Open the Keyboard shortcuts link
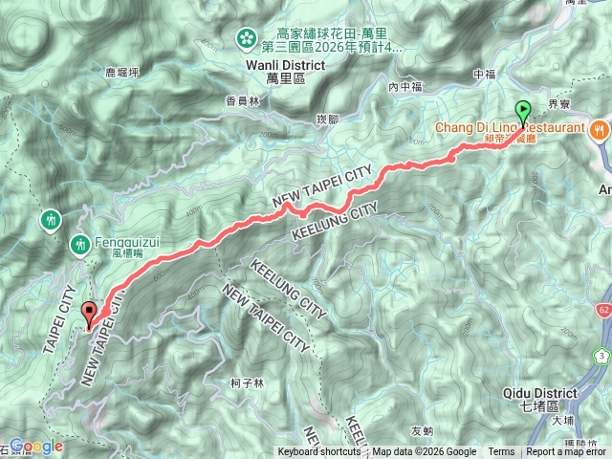319,452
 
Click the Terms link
501,452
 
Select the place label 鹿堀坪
122,72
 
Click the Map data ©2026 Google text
424,452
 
